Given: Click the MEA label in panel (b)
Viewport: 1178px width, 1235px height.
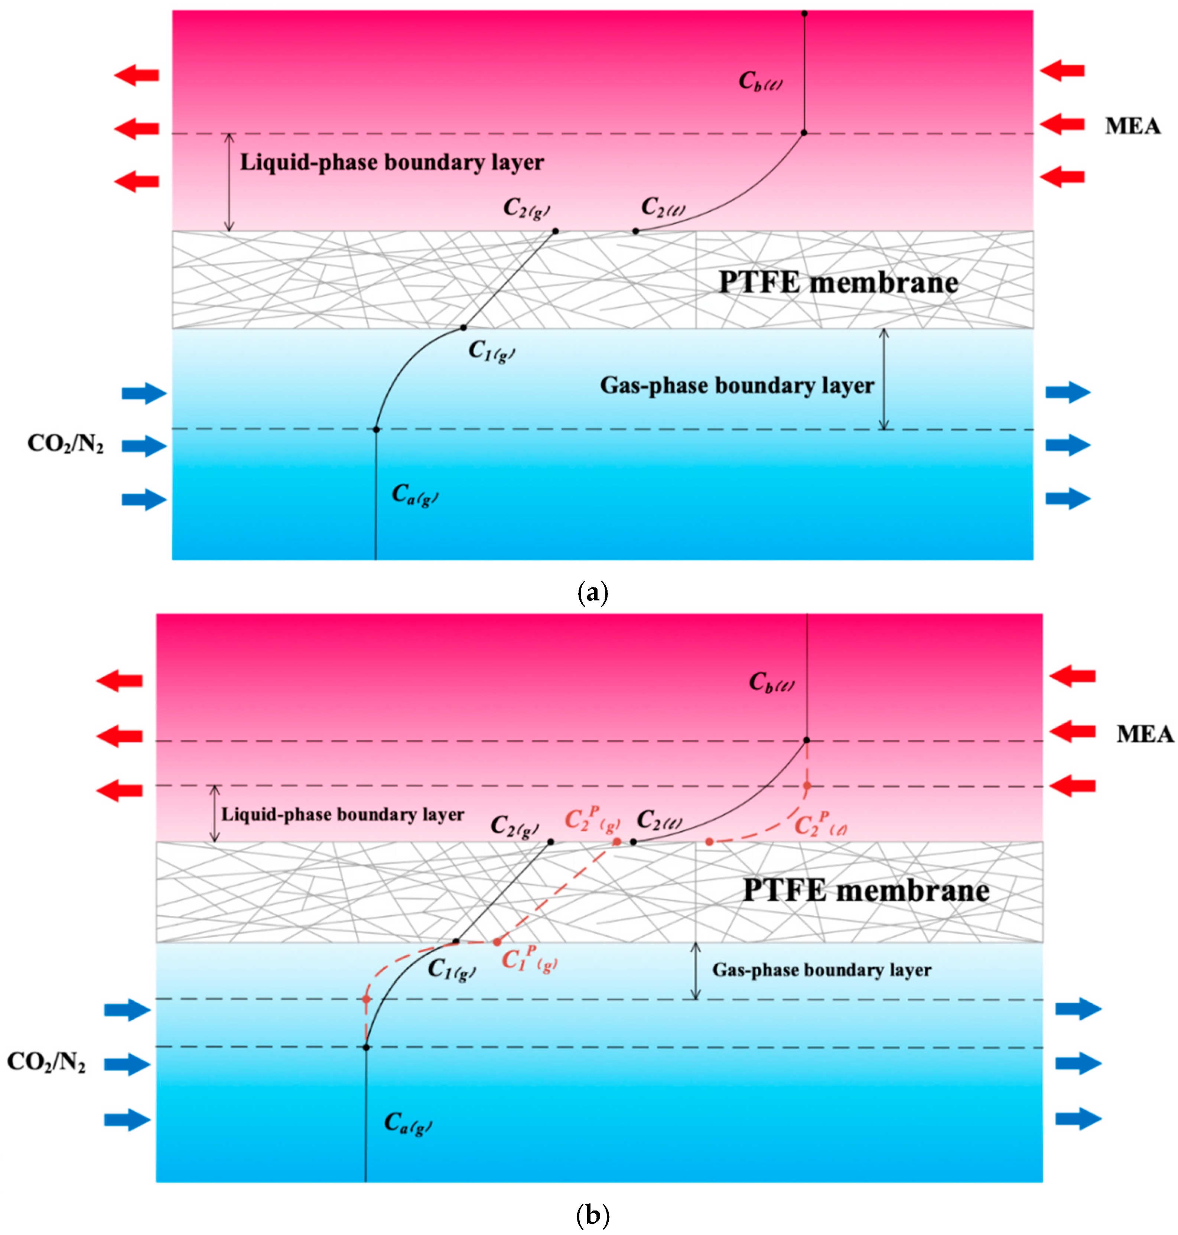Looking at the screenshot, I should click(1144, 734).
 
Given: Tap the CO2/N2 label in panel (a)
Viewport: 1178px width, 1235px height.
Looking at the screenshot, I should click(65, 444).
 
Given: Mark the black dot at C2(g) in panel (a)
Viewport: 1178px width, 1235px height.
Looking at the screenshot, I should click(555, 231).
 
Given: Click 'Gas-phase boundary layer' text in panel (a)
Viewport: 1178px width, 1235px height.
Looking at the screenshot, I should click(736, 385).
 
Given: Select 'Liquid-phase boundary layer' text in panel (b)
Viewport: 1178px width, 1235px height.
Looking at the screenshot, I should click(342, 815).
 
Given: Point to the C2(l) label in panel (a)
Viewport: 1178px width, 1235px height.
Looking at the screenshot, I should click(663, 206).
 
